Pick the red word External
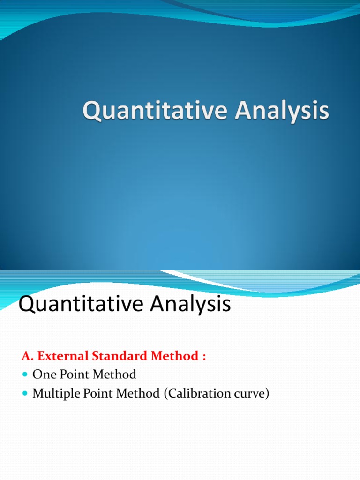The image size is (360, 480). tap(60, 356)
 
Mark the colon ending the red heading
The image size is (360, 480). tap(204, 357)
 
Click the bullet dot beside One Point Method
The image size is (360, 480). tap(25, 375)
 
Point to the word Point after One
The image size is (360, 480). tap(72, 375)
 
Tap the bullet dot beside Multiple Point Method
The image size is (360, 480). tap(25, 394)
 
